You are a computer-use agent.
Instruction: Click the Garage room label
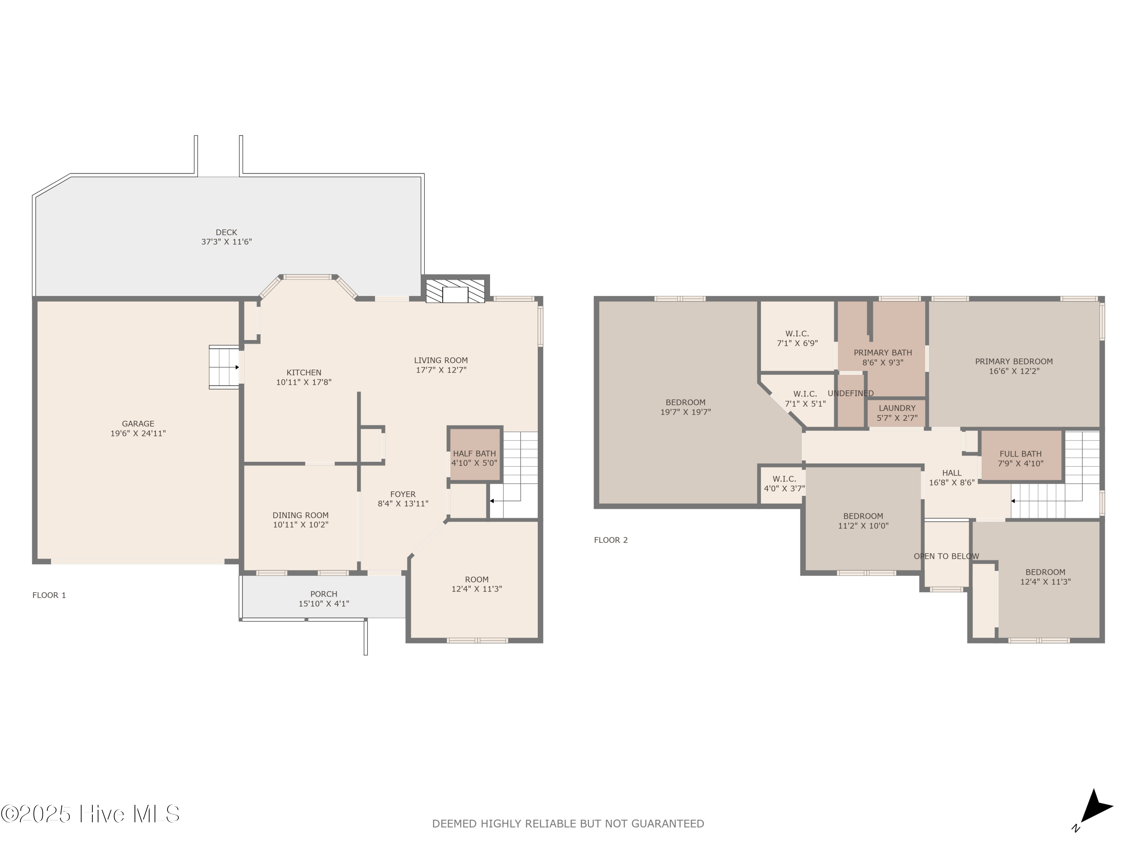click(x=138, y=424)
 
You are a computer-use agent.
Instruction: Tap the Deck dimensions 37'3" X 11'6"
click(x=226, y=241)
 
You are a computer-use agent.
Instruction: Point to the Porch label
click(x=323, y=594)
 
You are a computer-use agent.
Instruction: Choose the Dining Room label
click(x=300, y=515)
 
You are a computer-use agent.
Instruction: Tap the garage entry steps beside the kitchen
click(x=224, y=367)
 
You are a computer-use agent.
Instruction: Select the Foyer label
click(x=402, y=494)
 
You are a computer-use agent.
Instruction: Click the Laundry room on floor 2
click(x=897, y=413)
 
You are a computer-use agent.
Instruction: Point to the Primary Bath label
click(x=883, y=353)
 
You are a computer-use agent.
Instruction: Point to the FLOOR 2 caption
click(x=611, y=540)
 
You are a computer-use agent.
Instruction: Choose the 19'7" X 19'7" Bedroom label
click(x=685, y=407)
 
